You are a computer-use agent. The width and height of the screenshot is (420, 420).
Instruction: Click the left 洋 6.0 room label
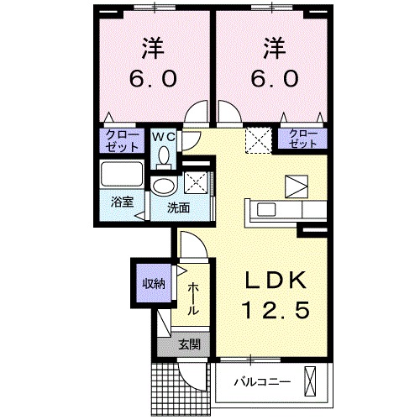(152, 64)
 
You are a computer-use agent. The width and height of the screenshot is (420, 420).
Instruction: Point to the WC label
(163, 135)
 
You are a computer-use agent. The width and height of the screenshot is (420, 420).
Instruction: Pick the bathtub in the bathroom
(123, 177)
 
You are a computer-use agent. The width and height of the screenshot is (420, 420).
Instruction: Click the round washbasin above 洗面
(164, 186)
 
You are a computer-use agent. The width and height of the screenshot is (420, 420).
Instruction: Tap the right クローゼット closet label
(303, 139)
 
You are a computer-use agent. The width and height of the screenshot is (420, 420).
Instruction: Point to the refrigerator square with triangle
(297, 185)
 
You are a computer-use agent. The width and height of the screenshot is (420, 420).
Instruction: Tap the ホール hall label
(193, 298)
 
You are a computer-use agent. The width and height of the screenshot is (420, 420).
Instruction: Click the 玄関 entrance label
(188, 343)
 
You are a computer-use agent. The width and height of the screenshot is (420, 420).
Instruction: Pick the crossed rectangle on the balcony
(312, 381)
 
